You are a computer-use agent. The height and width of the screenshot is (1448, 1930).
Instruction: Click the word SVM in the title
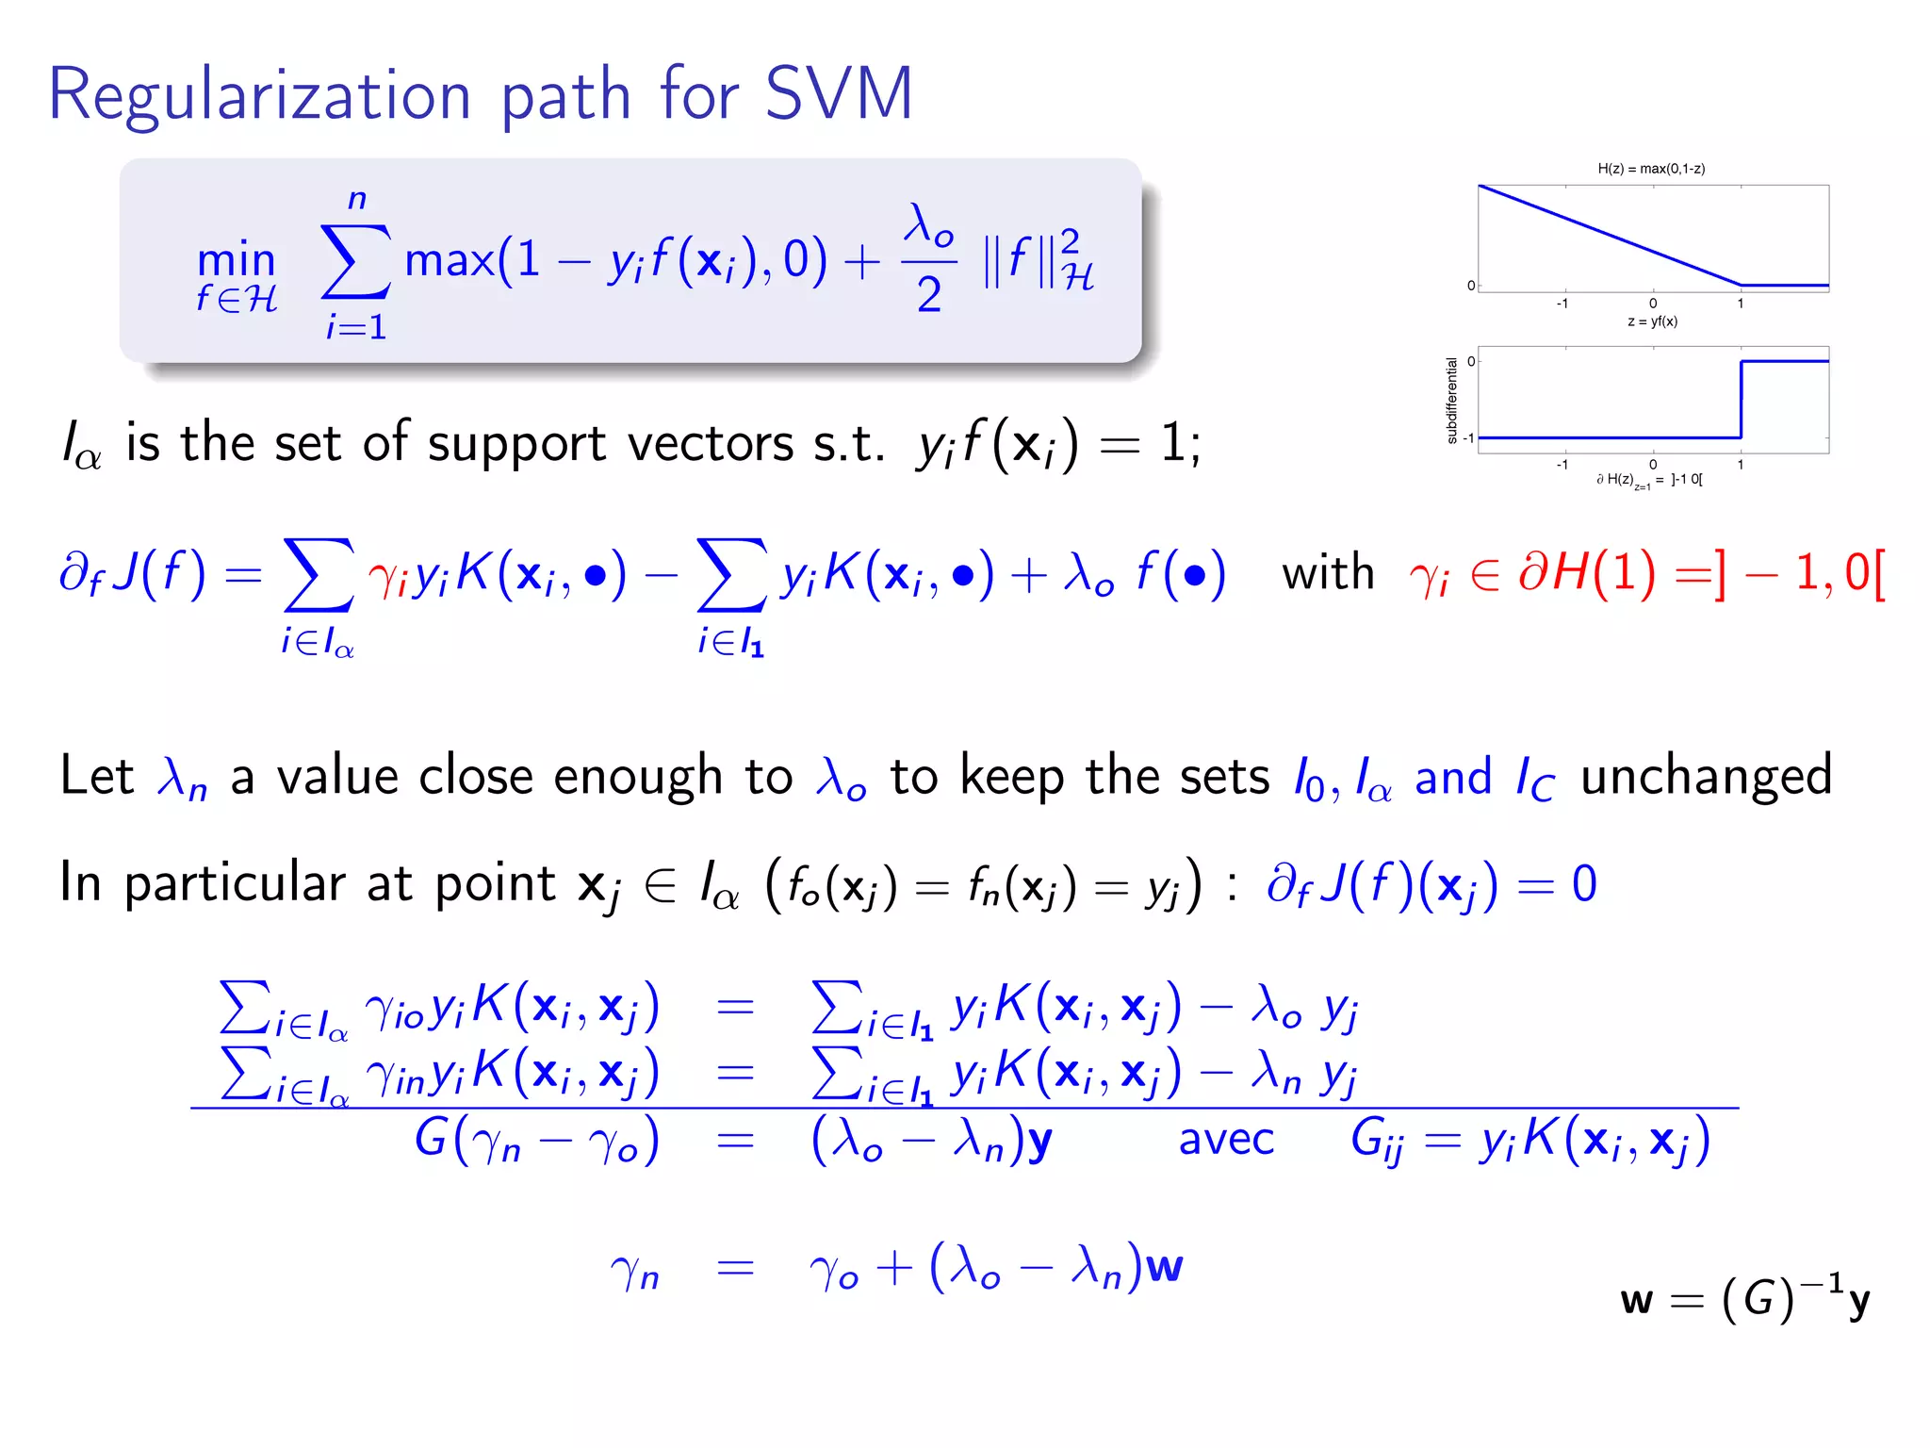tap(839, 94)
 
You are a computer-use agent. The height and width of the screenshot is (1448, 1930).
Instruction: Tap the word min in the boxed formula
tap(236, 260)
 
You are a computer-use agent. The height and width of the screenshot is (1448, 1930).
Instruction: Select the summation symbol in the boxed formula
tap(355, 261)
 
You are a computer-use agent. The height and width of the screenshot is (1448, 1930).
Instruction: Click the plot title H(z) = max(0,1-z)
tap(1651, 169)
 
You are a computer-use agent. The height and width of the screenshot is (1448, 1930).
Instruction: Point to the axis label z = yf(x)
tap(1652, 321)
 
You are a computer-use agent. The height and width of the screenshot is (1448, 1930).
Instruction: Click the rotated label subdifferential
tap(1451, 400)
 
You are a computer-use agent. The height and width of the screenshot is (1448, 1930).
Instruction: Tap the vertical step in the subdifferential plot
tap(1741, 400)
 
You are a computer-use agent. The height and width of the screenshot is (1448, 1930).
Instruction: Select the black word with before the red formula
tap(1328, 572)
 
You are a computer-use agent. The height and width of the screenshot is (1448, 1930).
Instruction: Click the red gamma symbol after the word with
tap(1429, 575)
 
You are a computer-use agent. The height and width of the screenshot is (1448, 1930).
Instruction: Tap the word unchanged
tap(1706, 777)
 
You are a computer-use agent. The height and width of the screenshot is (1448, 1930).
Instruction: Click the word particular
tap(236, 884)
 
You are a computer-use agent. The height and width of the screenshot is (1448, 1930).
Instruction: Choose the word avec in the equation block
tap(1226, 1139)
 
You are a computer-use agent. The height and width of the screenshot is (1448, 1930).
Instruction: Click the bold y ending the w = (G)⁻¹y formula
tap(1858, 1302)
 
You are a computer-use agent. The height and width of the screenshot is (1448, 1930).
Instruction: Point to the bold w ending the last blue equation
tap(1164, 1267)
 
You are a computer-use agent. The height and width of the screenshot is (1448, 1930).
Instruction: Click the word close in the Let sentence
tap(477, 777)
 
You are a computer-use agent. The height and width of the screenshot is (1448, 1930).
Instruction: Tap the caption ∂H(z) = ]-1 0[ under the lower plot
tap(1649, 480)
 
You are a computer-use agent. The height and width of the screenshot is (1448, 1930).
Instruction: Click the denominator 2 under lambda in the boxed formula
tap(929, 295)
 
